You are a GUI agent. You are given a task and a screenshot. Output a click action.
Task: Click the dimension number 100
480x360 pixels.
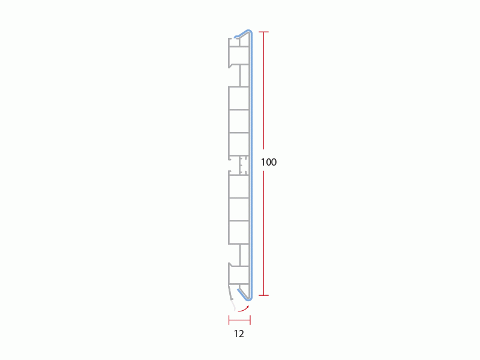click(x=269, y=162)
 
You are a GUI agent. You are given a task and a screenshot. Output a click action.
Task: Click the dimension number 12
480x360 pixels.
click(x=239, y=334)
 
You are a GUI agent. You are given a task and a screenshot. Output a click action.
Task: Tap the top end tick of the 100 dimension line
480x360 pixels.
click(x=264, y=32)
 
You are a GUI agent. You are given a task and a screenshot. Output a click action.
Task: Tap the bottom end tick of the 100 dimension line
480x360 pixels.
click(x=264, y=295)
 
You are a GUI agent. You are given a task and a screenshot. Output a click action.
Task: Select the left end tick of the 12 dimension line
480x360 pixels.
click(x=229, y=320)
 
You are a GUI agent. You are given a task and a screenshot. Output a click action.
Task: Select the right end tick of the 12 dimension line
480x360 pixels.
click(x=250, y=320)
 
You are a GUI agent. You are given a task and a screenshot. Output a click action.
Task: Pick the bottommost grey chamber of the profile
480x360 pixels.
click(x=238, y=275)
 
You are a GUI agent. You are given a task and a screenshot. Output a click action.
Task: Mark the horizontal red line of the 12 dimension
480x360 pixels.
click(x=239, y=320)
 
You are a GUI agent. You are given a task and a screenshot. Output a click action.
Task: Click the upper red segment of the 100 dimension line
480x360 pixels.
click(x=264, y=90)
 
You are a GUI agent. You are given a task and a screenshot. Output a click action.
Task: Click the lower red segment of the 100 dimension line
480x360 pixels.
click(x=264, y=234)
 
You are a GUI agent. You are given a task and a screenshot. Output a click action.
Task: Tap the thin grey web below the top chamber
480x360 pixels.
click(x=241, y=76)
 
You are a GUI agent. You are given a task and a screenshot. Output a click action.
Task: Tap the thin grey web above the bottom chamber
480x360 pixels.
click(x=241, y=254)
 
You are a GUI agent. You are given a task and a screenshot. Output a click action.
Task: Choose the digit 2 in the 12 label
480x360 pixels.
click(x=241, y=334)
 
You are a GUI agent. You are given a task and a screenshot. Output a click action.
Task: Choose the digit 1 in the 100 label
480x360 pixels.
click(x=263, y=162)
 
